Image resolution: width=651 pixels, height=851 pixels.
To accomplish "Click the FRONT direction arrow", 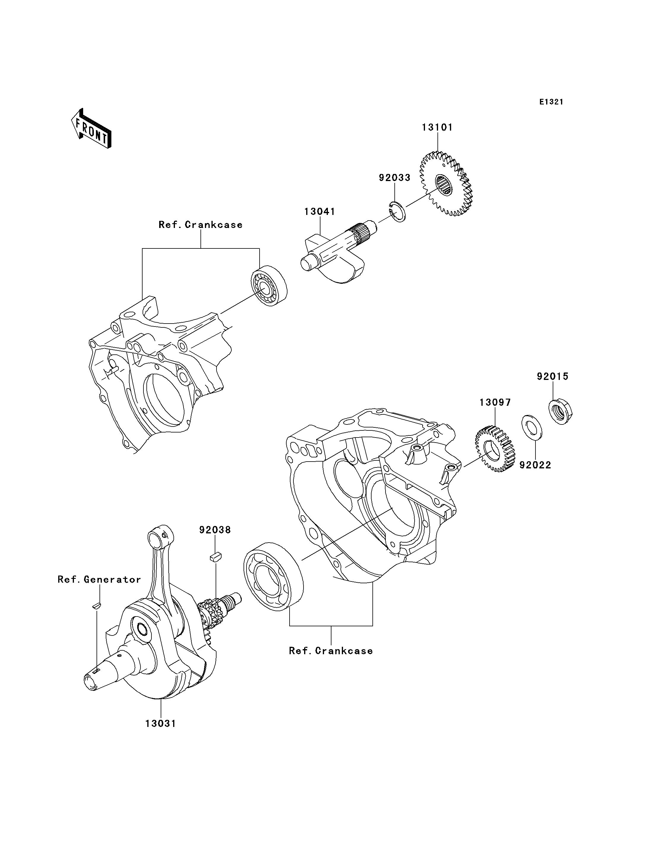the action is (91, 129).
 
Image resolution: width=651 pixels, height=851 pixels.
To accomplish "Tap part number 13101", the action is (437, 127).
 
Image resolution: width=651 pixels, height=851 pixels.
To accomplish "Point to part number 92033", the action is (394, 178).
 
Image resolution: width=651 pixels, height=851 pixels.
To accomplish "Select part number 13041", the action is (320, 212).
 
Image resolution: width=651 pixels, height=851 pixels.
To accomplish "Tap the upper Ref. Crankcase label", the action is (201, 225).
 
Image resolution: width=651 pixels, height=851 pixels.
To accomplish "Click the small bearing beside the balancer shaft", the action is (269, 286).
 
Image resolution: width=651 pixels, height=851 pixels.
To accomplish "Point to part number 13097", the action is (495, 402).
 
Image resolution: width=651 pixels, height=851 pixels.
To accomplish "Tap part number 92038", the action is (215, 530).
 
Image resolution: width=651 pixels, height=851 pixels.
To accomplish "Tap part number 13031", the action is (161, 724).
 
